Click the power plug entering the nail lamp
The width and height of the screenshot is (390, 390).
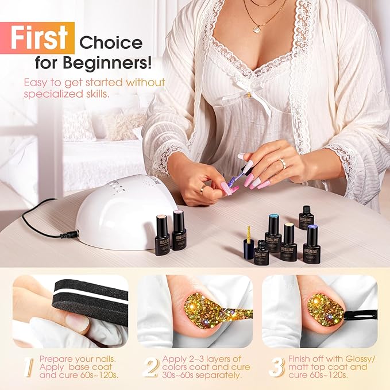point(69,234)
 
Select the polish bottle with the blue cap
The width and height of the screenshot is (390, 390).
point(273,231)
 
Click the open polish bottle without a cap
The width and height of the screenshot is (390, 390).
point(262,253)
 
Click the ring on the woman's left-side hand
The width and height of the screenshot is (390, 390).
point(203,187)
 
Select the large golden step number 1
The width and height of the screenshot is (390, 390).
point(29,367)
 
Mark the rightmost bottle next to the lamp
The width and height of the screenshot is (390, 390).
point(179,230)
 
